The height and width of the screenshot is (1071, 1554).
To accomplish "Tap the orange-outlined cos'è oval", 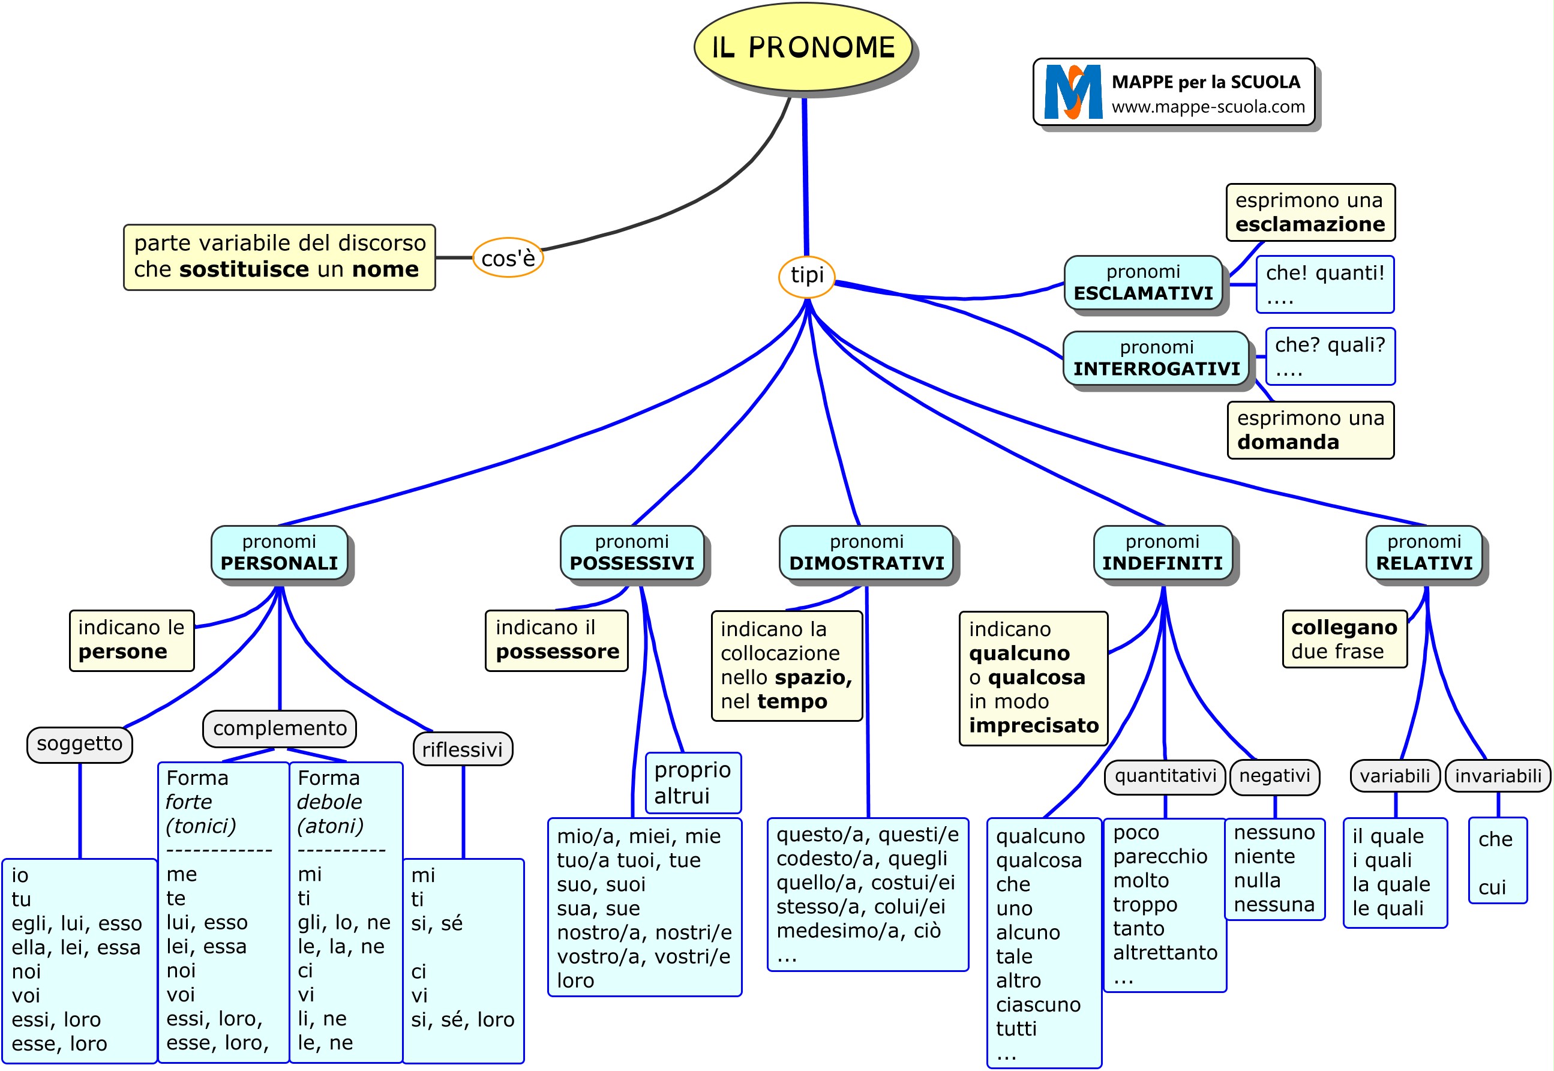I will pos(508,257).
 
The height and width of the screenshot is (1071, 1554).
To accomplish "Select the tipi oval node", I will pos(806,275).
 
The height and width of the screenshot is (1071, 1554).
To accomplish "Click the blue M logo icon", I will pos(1073,92).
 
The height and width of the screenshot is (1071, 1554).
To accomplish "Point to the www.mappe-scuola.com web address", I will pos(1208,107).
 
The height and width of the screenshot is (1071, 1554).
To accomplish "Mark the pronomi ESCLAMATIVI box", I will pos(1144,283).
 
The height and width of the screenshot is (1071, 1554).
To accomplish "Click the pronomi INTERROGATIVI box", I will pos(1156,358).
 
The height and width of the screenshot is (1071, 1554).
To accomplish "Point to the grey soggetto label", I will pos(79,743).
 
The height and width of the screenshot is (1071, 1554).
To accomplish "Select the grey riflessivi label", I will pos(463,749).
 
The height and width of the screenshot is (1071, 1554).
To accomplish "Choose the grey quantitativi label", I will pos(1165,776).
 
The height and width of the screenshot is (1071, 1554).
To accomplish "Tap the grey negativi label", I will pos(1274,776).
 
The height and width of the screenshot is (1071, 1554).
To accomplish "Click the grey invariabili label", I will pos(1498,776).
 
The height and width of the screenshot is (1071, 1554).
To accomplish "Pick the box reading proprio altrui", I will pos(692,782).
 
